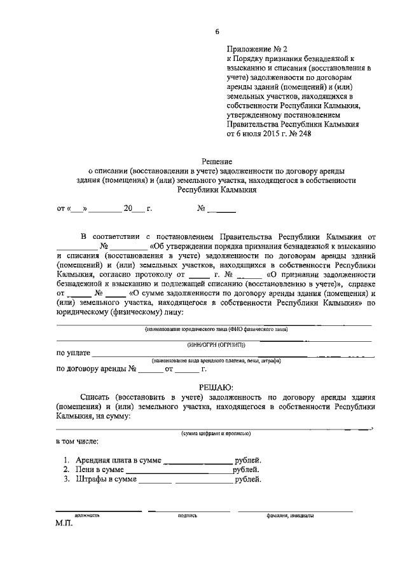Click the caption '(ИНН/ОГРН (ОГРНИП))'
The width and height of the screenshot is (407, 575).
tap(216, 344)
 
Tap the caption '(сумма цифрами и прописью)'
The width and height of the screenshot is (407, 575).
tap(216, 433)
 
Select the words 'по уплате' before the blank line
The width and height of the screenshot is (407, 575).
tap(73, 353)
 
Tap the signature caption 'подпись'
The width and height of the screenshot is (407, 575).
tap(188, 515)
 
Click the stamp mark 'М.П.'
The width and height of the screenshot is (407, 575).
tap(66, 525)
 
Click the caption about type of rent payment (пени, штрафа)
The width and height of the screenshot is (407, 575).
tap(216, 360)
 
